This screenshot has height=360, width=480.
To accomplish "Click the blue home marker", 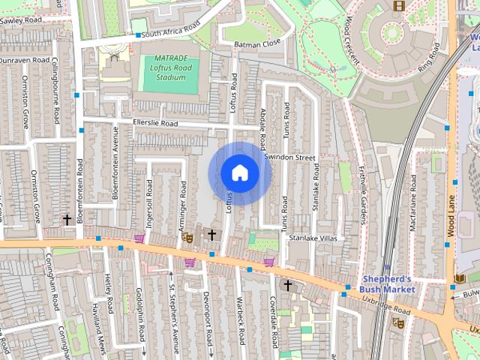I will tap(238, 173).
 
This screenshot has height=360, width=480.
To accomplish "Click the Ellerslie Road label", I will tap(154, 123).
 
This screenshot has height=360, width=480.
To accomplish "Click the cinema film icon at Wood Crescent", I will tap(398, 6).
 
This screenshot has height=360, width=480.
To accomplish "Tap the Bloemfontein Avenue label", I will tap(115, 157).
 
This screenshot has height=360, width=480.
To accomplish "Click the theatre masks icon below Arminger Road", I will tap(187, 237).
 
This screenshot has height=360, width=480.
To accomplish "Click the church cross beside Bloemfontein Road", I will tap(67, 220).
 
